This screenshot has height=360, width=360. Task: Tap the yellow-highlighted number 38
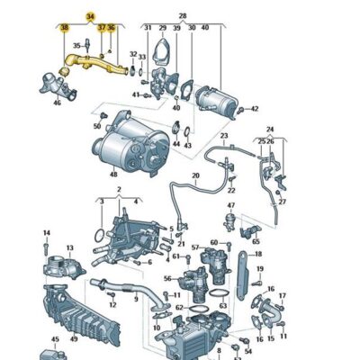[x=64, y=29]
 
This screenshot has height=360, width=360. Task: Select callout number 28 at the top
[x=182, y=17]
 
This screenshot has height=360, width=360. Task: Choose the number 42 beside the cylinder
[x=255, y=109]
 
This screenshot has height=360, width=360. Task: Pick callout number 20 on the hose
[x=194, y=175]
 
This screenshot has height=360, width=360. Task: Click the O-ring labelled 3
[x=98, y=237]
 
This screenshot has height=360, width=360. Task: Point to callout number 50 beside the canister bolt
[x=97, y=127]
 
